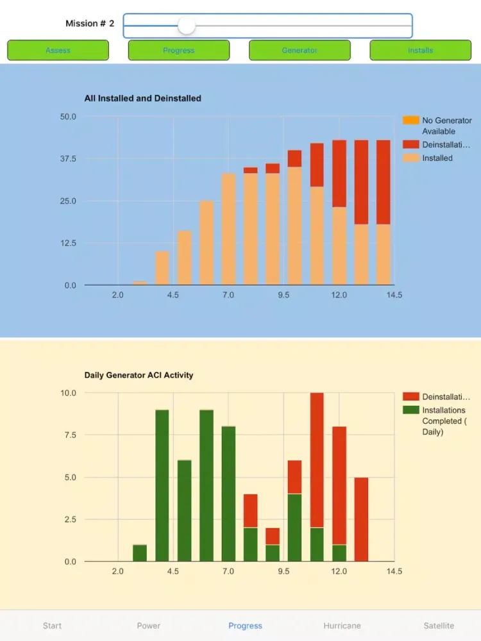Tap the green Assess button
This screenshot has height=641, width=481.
[58, 50]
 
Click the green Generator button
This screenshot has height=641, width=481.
[300, 50]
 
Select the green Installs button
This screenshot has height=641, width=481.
[420, 50]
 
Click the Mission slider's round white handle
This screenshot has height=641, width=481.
[186, 26]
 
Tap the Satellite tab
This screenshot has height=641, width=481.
[439, 626]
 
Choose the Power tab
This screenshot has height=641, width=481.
[149, 626]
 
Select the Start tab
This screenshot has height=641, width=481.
[53, 626]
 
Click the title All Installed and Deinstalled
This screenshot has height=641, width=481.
[142, 99]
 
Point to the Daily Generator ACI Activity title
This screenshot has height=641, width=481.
[139, 375]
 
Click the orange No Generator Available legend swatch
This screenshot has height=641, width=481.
[410, 121]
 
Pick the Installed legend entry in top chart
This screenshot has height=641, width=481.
[437, 158]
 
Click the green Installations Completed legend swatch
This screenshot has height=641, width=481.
[410, 410]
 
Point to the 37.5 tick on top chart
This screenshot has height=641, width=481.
[67, 159]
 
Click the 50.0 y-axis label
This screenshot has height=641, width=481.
[67, 117]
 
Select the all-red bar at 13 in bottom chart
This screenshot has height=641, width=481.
[361, 519]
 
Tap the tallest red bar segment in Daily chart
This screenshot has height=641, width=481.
[317, 460]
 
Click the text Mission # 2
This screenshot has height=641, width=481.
[90, 24]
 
